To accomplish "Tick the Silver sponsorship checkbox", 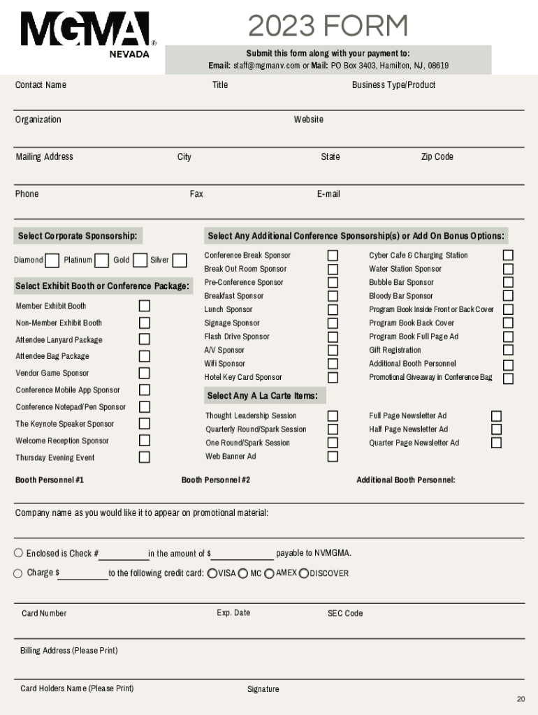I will (180, 260).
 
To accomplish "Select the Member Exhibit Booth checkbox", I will (144, 306).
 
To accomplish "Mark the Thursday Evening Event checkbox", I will (144, 457).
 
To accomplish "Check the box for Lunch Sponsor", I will (333, 309).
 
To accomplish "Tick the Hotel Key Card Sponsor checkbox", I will (333, 378).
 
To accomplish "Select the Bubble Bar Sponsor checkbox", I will (508, 282).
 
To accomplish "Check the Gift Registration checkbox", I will (508, 350).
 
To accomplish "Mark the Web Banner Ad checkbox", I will (333, 457).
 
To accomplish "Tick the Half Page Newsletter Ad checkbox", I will (496, 429).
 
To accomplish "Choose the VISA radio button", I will (212, 573).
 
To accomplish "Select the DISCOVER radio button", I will (303, 573).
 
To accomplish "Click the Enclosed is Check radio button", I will (18, 553).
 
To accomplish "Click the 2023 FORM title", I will (328, 27).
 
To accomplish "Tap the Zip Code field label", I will (437, 156).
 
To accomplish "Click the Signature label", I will (263, 689).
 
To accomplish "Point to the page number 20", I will (521, 699).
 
